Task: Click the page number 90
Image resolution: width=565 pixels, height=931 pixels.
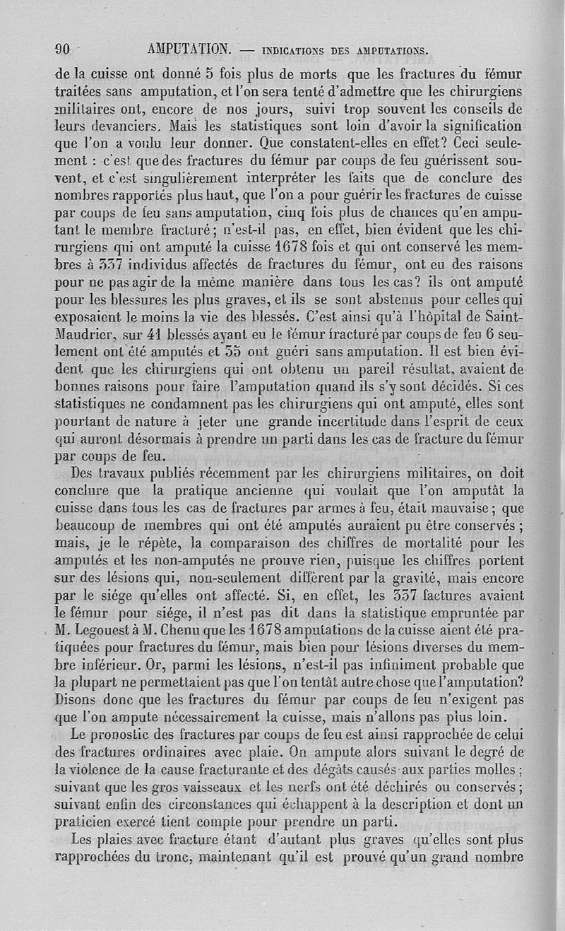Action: click(62, 49)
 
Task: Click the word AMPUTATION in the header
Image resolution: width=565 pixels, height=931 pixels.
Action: click(190, 49)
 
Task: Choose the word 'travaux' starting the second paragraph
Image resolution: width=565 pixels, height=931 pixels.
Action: click(126, 473)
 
